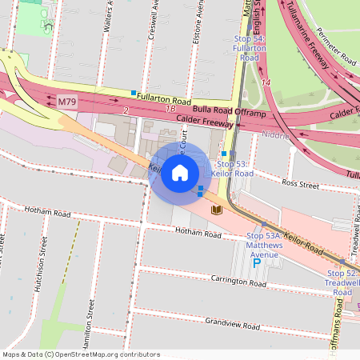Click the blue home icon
point(180,173)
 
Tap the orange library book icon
point(216,210)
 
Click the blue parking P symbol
point(257,262)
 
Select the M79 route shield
point(67,102)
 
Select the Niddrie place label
point(276,135)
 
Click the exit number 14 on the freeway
point(266,82)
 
